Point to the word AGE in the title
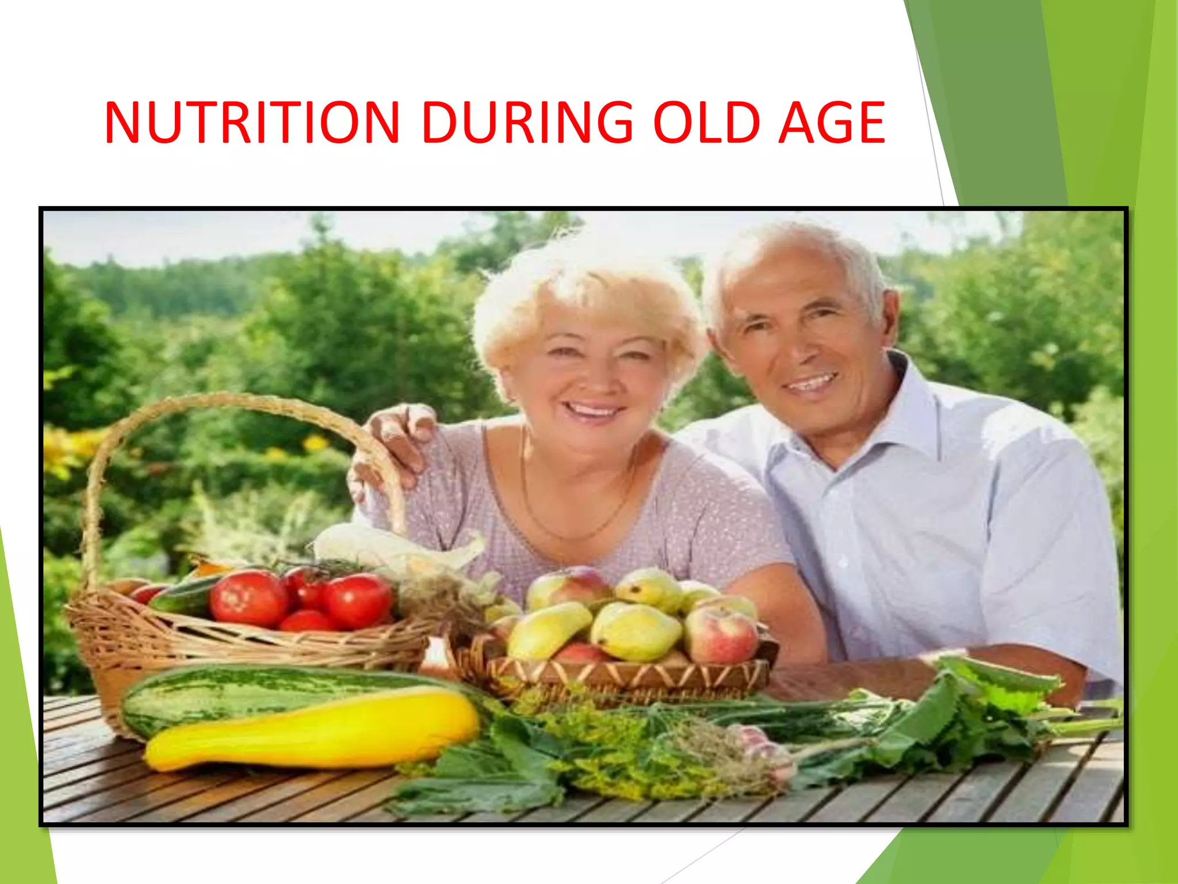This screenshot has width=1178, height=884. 831,123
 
